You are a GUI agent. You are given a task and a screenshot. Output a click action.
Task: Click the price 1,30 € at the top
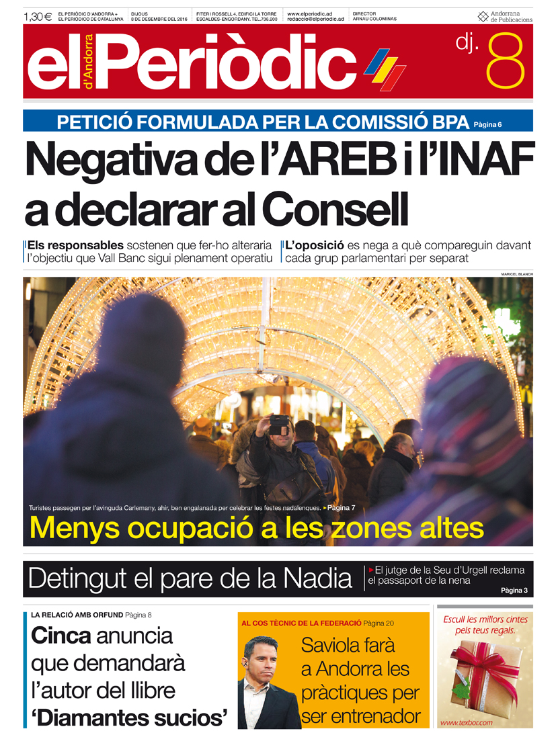pos(38,17)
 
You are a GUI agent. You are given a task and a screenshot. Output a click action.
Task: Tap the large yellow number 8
pos(506,61)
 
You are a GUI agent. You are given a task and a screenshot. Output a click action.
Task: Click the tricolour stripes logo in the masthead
pos(385,69)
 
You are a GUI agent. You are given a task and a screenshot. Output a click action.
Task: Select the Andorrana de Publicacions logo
pos(505,17)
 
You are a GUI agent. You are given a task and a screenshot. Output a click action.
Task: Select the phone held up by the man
pos(278,424)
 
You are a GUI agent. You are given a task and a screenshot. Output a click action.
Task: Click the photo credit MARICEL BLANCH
pos(516,273)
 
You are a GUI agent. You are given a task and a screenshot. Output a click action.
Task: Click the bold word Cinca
pos(61,635)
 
